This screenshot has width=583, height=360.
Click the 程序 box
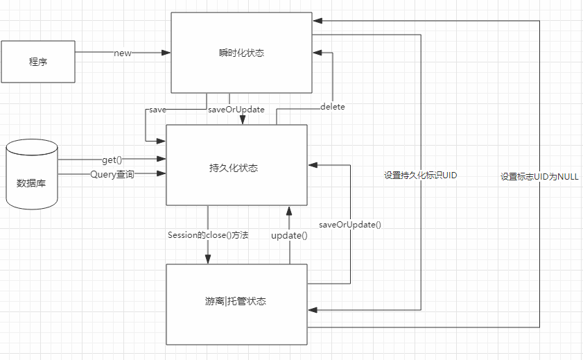point(38,62)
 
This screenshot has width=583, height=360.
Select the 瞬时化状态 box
point(241,53)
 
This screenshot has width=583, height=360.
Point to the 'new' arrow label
point(123,53)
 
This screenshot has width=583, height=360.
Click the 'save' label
point(156,110)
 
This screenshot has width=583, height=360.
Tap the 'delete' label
point(333,107)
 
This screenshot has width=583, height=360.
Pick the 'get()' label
point(112,160)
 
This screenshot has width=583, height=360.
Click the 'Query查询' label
point(112,175)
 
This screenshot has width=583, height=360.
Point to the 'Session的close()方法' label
point(208,235)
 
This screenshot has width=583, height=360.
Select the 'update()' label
point(289,236)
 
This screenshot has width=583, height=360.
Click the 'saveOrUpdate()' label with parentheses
point(350,225)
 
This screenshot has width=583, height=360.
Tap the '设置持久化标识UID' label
point(421,176)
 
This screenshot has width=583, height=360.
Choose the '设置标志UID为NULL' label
point(539,177)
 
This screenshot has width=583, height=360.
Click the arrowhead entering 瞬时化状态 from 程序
point(166,53)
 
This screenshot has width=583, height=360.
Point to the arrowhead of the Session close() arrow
point(207,259)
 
